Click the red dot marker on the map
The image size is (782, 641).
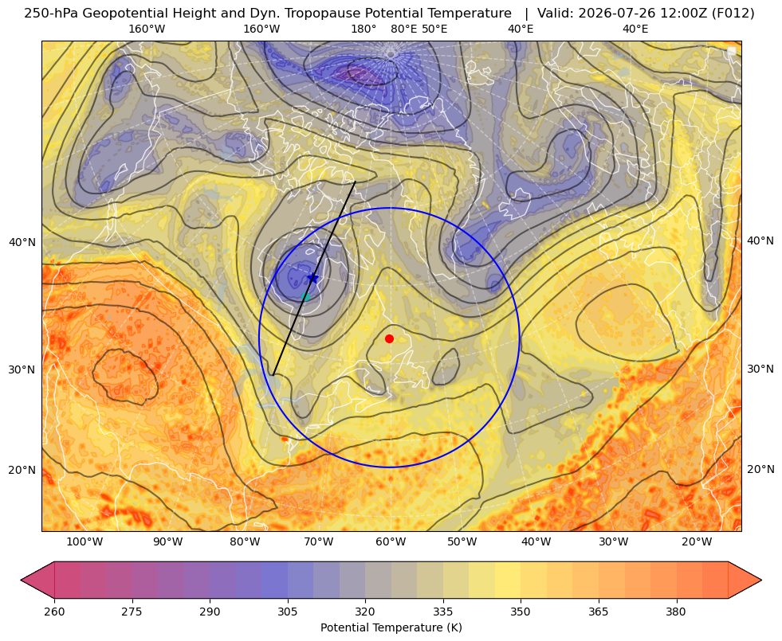(390, 338)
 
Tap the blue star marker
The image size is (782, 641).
(312, 277)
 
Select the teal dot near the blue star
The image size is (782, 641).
(306, 296)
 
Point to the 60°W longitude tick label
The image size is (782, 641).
(391, 542)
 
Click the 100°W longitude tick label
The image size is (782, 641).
(84, 542)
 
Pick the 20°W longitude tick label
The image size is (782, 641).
(697, 542)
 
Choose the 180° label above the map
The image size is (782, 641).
(363, 29)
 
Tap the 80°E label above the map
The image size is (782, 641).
(404, 29)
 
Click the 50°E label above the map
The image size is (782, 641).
(434, 29)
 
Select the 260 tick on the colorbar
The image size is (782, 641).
(54, 612)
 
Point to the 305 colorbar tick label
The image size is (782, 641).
(288, 612)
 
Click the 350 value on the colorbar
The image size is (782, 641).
(521, 612)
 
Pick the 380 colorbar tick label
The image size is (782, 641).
(676, 612)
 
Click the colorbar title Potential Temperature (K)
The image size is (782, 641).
(391, 627)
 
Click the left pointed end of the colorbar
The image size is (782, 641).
(22, 580)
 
